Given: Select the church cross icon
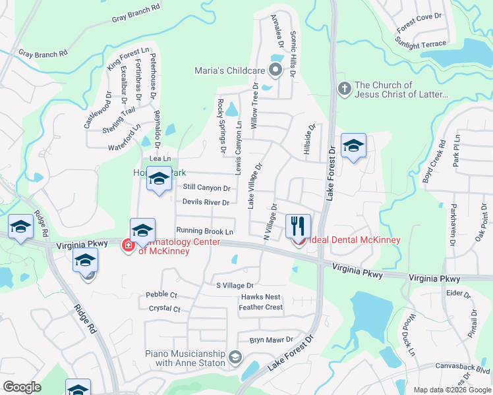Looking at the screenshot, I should pos(343,88).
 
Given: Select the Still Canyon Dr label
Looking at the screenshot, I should pos(206,188).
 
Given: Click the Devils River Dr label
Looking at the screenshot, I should pos(206,202).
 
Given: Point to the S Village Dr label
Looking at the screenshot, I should pos(235,286).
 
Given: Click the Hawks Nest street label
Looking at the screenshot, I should pos(260,297).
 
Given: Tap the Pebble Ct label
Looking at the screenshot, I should pos(161,295).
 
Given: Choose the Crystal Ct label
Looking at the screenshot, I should pos(164,308).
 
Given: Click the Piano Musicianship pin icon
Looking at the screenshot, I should pos(235,358).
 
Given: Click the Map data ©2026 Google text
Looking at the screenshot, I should pos(451,390).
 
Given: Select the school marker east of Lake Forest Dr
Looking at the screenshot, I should pos(353,147).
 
